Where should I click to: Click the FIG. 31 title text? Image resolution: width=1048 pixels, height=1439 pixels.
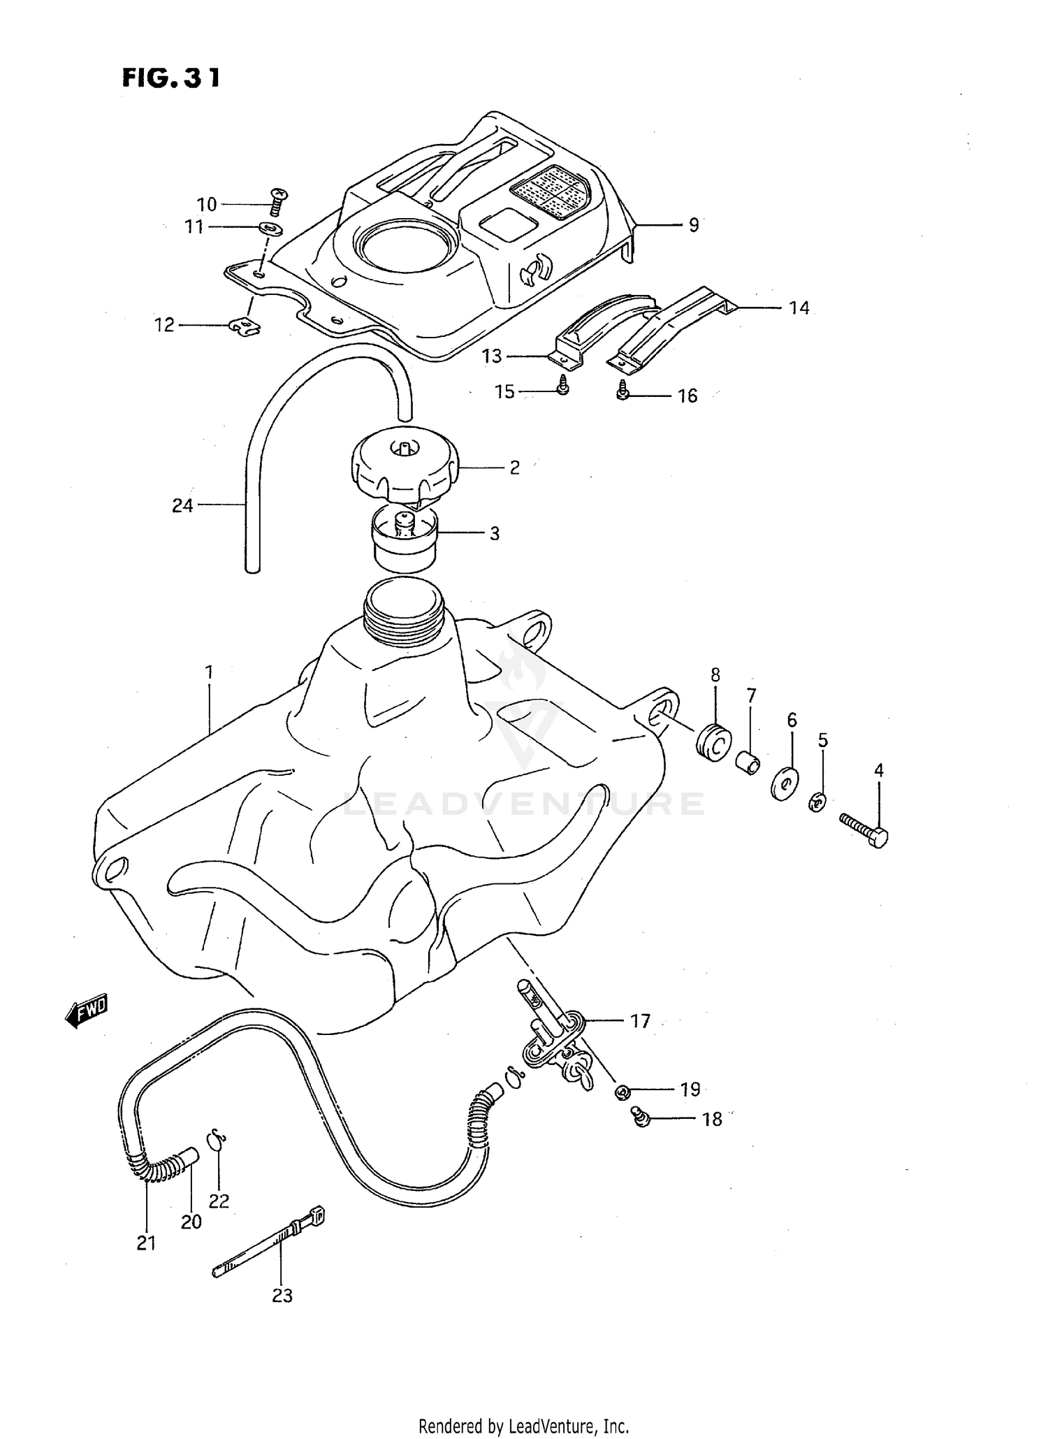[x=171, y=78]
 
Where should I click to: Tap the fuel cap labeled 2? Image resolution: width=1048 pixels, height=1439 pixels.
[x=405, y=466]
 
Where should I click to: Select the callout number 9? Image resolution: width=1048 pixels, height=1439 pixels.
[x=693, y=225]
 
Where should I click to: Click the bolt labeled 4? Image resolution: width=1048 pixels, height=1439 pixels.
[x=864, y=830]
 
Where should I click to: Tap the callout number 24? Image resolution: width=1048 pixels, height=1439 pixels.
[x=182, y=505]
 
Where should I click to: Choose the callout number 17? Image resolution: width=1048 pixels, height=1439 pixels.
[x=640, y=1021]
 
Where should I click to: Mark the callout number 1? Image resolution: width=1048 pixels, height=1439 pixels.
[x=208, y=672]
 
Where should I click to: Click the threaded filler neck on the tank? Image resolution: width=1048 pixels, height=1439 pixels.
[x=404, y=611]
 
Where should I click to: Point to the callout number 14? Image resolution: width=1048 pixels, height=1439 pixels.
[x=799, y=308]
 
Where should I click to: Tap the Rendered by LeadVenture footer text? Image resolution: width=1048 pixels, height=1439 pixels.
[x=524, y=1426]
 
